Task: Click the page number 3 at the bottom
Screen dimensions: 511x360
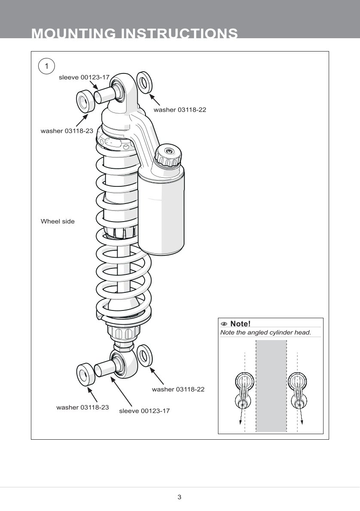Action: pos(179,497)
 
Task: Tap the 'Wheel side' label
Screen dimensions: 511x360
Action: pos(57,222)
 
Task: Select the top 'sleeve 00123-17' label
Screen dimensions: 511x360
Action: pos(84,78)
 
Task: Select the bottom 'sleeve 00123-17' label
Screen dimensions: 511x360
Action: pos(144,411)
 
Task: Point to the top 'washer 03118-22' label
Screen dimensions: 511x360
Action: pos(180,110)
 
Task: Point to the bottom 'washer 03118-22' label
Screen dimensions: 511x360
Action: pos(178,389)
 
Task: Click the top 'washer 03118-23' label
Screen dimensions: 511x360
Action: pos(67,131)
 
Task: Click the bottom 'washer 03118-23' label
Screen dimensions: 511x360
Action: pos(82,407)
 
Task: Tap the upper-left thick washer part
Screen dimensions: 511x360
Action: pos(85,101)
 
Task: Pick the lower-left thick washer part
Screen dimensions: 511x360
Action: pos(85,374)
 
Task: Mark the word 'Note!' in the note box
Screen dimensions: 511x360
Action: pos(240,324)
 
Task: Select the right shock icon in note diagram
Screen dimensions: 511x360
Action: pos(298,391)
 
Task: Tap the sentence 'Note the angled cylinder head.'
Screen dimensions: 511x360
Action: pos(265,333)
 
